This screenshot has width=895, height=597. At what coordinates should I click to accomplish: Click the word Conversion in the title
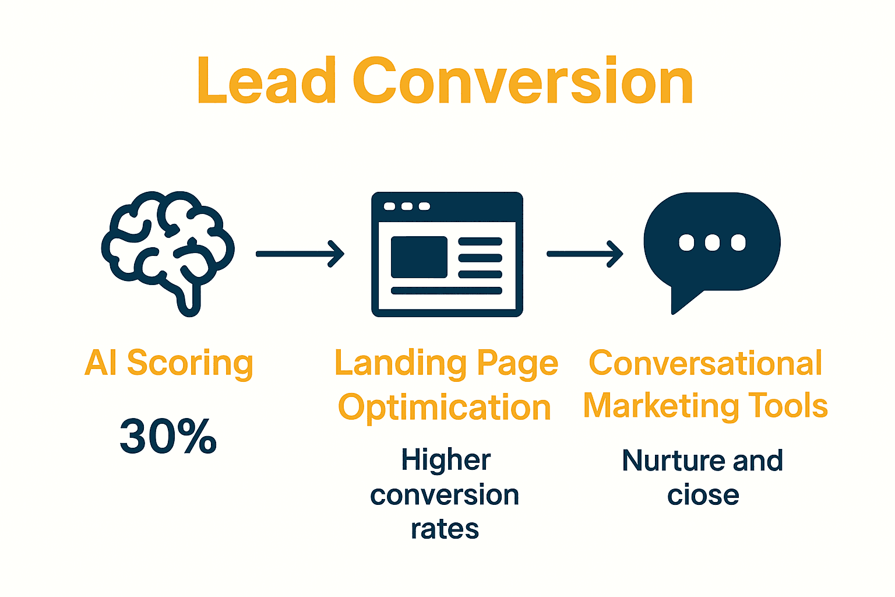(x=523, y=81)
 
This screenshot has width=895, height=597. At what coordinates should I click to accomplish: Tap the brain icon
(x=168, y=251)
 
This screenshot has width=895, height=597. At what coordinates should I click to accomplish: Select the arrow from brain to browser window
(x=300, y=254)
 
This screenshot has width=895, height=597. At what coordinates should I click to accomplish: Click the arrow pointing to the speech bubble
(x=584, y=254)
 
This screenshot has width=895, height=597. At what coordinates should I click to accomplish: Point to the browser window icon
(x=447, y=254)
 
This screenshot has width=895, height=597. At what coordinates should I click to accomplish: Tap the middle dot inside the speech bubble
(x=712, y=242)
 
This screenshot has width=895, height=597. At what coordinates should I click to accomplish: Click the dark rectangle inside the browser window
(x=419, y=257)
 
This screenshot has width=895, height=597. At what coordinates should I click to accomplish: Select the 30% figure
(x=168, y=436)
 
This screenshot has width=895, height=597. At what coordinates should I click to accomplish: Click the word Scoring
(x=190, y=364)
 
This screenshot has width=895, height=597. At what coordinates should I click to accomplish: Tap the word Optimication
(x=445, y=407)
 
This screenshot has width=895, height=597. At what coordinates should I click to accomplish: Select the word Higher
(x=446, y=461)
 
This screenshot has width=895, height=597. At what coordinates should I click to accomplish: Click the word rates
(x=445, y=529)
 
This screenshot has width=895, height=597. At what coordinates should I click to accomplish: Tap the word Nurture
(x=674, y=461)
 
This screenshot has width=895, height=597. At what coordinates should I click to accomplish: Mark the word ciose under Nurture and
(x=703, y=496)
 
